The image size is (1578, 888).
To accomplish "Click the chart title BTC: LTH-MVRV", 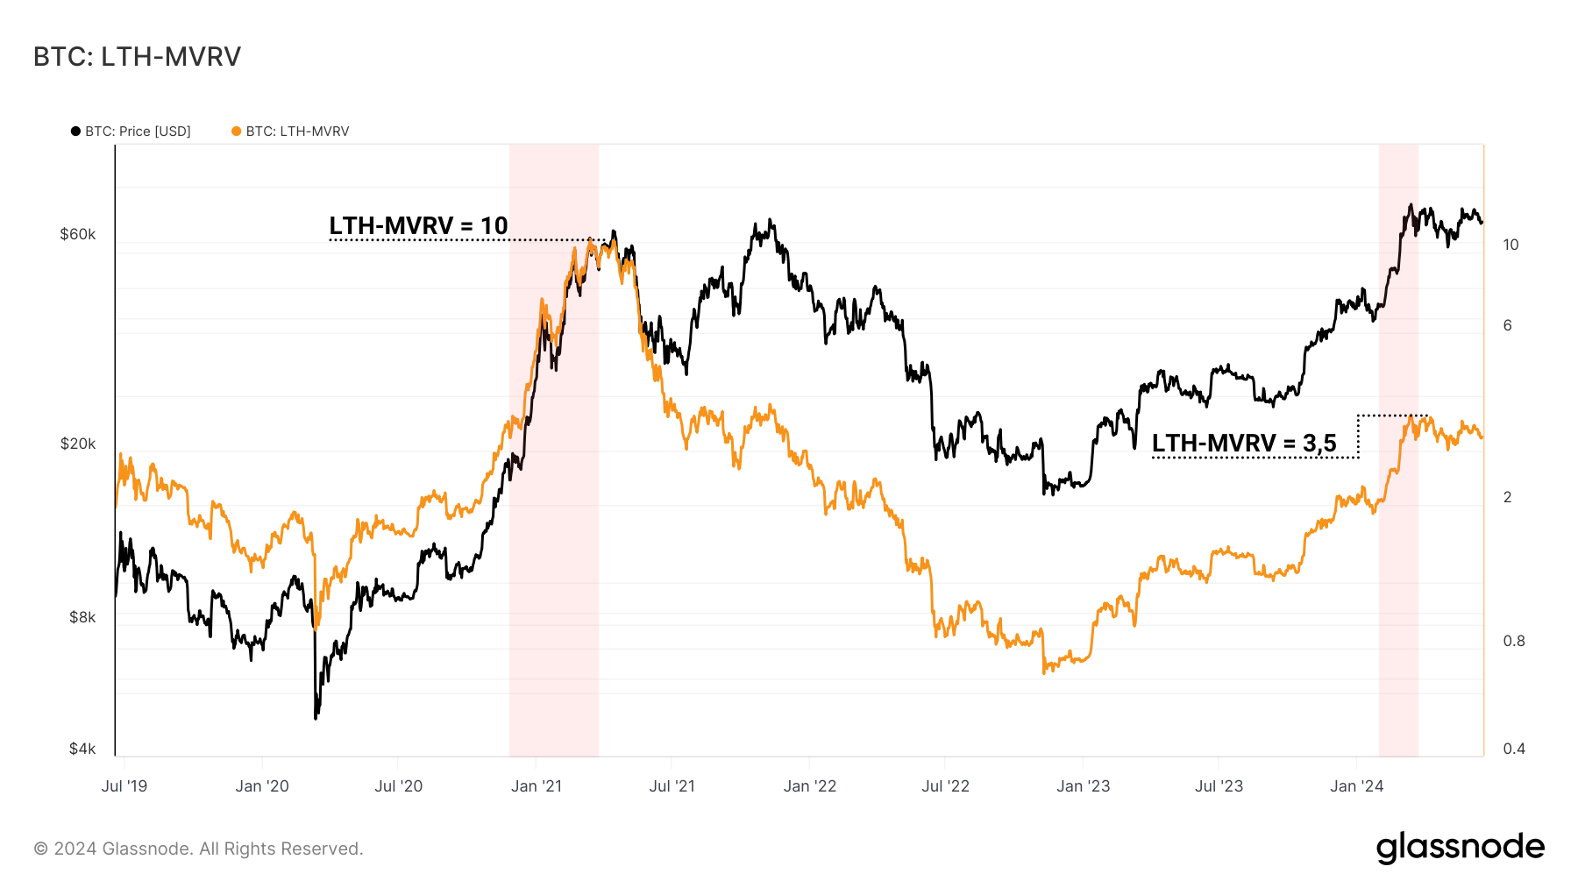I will (x=137, y=57).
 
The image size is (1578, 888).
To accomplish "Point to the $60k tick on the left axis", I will (x=77, y=234).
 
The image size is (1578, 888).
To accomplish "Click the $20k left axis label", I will (x=77, y=444).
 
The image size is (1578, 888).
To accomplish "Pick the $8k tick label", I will (x=82, y=617).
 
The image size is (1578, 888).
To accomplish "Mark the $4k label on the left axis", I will (x=82, y=749).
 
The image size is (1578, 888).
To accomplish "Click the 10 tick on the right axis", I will (x=1510, y=245).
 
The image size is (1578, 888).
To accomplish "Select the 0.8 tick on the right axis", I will (x=1514, y=641).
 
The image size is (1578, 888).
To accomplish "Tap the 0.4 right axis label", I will (x=1514, y=749).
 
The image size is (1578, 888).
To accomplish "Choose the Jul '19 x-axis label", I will (x=124, y=786).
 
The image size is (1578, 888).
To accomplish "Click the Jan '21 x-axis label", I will (x=536, y=786).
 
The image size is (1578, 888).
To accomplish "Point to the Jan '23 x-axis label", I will (x=1083, y=786).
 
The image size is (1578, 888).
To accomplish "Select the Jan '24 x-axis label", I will (x=1356, y=786).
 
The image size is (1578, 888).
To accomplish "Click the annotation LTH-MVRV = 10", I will (x=418, y=226).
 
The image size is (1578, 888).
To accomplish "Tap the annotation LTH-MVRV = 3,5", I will (x=1243, y=444).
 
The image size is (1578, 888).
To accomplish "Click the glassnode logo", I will (x=1460, y=848).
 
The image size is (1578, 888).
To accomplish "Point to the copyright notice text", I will (x=198, y=849).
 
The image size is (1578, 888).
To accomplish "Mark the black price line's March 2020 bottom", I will (x=316, y=718).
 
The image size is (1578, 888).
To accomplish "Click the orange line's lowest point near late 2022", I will (x=1044, y=672).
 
